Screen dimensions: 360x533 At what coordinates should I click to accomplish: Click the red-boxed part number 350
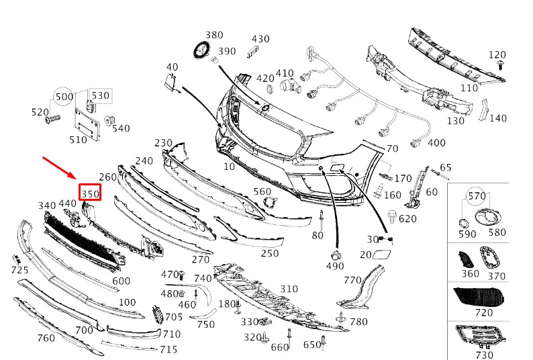[91, 193]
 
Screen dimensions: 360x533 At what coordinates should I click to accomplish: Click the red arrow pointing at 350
[60, 168]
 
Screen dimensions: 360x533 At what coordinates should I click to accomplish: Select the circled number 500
[64, 97]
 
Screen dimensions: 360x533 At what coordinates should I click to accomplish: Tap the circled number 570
[476, 196]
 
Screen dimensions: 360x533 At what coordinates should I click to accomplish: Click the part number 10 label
[230, 167]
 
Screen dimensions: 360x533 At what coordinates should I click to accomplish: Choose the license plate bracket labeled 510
[88, 122]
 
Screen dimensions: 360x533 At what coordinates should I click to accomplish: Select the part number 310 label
[289, 289]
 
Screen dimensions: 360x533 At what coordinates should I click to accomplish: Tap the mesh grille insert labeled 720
[479, 295]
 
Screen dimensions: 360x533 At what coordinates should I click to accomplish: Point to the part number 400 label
[436, 143]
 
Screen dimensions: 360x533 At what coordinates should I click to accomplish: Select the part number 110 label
[469, 88]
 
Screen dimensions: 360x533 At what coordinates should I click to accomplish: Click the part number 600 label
[122, 281]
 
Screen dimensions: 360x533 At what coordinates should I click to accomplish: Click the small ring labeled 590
[463, 223]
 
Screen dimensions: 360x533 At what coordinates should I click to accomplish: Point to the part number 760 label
[46, 338]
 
